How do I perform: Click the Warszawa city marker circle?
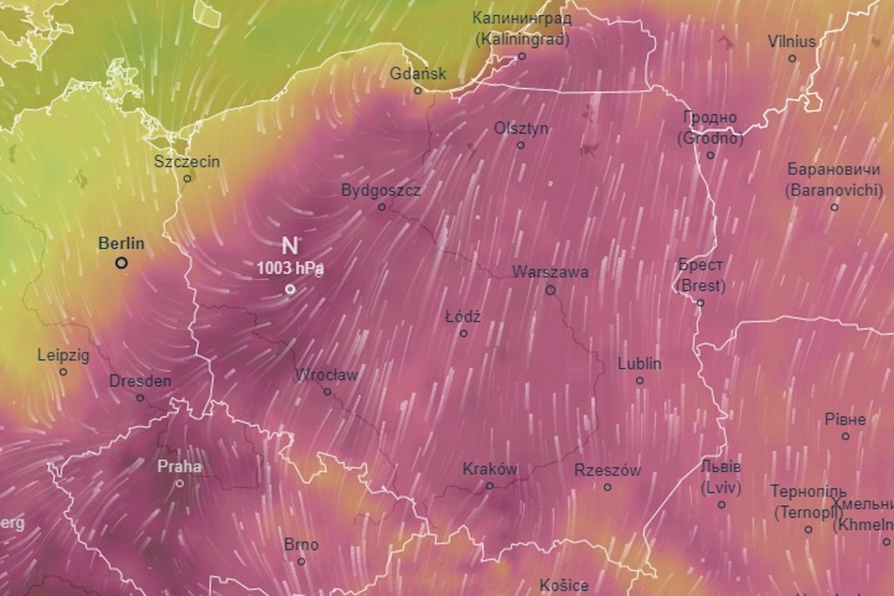(550, 290)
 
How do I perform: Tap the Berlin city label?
(121, 243)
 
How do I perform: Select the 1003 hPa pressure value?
(290, 269)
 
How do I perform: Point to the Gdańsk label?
(418, 74)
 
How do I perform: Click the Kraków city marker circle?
(490, 486)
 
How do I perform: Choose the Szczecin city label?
(187, 162)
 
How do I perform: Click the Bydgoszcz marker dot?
(382, 207)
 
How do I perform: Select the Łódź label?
(463, 317)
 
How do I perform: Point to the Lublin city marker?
(640, 380)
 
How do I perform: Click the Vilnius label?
(792, 42)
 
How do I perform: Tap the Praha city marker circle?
(179, 483)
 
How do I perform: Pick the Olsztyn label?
(521, 129)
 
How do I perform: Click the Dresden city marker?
(140, 398)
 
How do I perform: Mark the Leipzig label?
(63, 355)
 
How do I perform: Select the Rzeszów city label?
(607, 471)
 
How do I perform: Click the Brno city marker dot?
(301, 562)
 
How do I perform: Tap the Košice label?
(564, 586)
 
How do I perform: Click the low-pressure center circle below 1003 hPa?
(290, 289)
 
